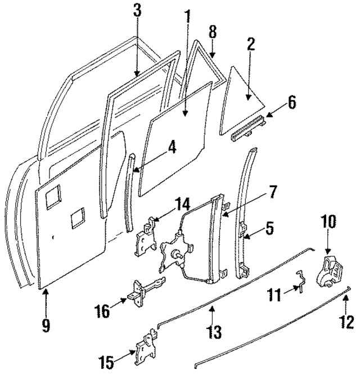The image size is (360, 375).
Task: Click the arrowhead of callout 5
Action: (x=245, y=236)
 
